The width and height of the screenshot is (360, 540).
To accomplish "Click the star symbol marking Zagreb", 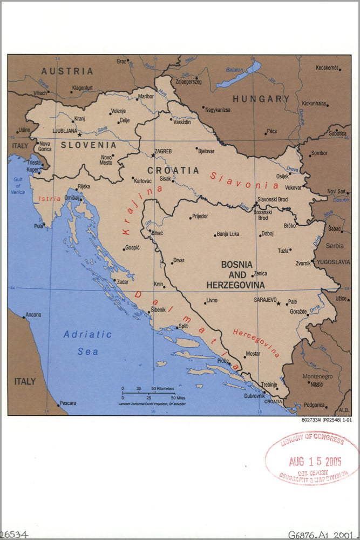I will point(153,156).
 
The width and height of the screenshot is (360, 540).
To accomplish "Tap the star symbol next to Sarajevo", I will point(279,303).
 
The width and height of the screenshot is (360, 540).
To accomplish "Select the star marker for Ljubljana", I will point(79,134).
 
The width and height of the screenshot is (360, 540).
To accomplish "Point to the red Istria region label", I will point(50,199).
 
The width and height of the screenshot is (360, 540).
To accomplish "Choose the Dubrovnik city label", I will point(254,396).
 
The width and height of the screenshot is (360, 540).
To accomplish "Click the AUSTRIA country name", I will point(67,71).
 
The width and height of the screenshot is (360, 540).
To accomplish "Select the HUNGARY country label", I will point(261,99).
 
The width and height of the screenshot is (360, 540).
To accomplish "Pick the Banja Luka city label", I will point(228,234).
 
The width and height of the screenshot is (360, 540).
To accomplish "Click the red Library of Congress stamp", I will point(311,458).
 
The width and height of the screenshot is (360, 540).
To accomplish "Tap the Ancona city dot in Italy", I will point(23,317).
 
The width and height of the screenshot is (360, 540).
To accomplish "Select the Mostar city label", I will point(253,354).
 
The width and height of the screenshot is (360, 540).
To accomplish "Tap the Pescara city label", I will point(67,403).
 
